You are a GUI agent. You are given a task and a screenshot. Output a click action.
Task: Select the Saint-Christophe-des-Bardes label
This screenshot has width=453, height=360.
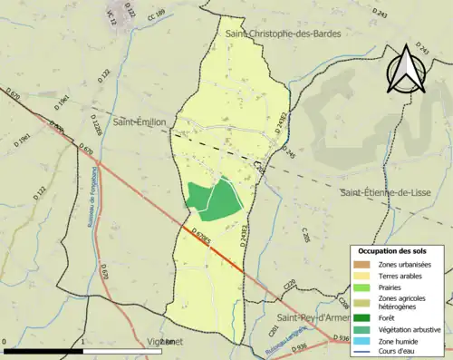pos(274,34)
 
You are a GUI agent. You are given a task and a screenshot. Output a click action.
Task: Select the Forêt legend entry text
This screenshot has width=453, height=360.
pos(391,317)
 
